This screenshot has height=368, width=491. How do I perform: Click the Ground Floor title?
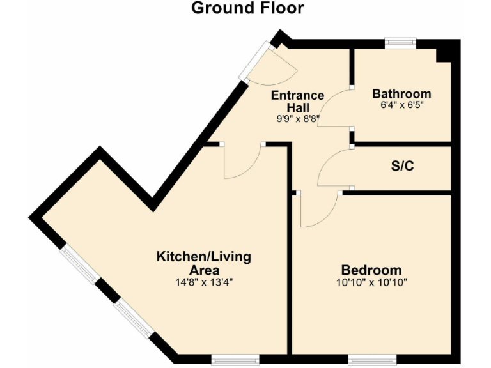[x=247, y=9]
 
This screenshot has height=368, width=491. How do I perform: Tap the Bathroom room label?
[x=401, y=94]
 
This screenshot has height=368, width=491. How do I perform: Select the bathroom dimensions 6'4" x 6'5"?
[x=401, y=105]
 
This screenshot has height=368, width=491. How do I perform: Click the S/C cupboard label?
[x=402, y=167]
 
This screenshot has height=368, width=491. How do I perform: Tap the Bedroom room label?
[x=371, y=270]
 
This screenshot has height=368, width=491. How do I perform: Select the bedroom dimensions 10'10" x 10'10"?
[x=371, y=282]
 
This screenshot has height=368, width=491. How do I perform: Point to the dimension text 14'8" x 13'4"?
[x=204, y=282]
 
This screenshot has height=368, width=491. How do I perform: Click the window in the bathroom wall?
[x=400, y=43]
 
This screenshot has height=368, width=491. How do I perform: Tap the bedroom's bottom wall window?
[x=371, y=360]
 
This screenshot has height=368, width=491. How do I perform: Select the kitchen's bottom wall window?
[x=235, y=360]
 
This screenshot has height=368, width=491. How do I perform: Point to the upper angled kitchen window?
[x=79, y=265]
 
